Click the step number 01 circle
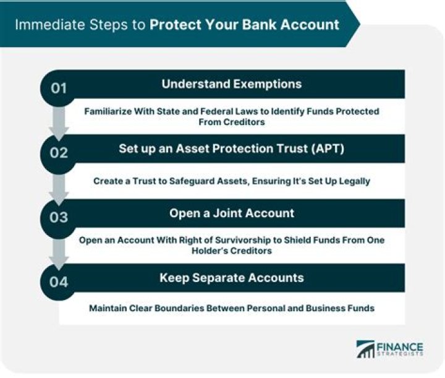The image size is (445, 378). [59, 87]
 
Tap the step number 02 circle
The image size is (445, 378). [59, 152]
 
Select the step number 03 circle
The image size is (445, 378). [59, 216]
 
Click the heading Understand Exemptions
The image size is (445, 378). [232, 84]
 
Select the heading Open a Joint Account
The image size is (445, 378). [232, 213]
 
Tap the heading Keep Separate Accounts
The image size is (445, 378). [232, 278]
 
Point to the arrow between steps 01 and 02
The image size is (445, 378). [59, 122]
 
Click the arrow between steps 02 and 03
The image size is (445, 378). [59, 187]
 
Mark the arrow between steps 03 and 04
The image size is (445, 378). [59, 252]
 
